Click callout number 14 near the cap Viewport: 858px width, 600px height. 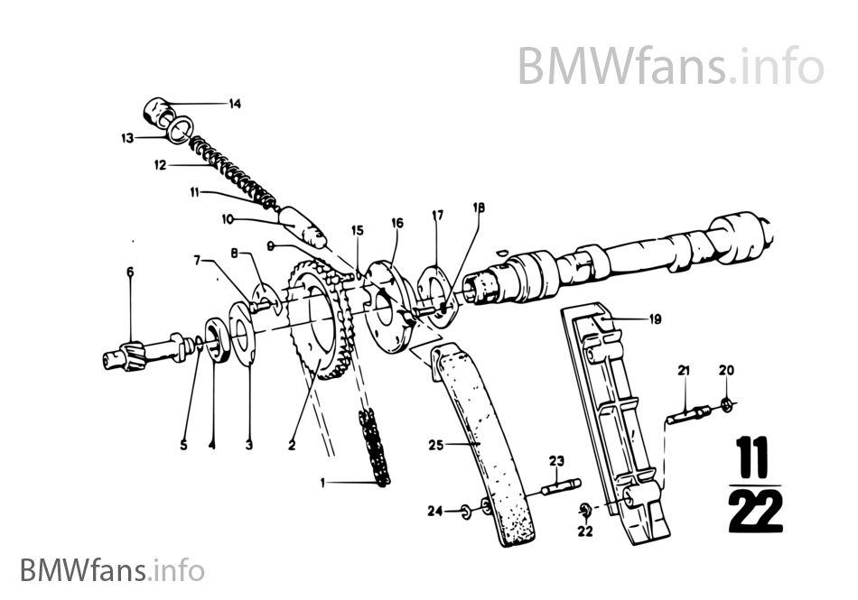[x=235, y=105]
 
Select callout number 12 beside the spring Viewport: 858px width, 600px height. [x=159, y=165]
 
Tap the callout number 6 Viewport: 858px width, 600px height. [x=130, y=272]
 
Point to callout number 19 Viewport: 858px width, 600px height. [x=656, y=318]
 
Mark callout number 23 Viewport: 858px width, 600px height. [x=555, y=461]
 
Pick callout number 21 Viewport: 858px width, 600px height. [x=684, y=371]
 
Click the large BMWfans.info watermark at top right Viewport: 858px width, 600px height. [x=670, y=67]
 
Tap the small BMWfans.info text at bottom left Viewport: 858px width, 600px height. [x=112, y=570]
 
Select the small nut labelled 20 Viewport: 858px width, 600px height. [x=727, y=402]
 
